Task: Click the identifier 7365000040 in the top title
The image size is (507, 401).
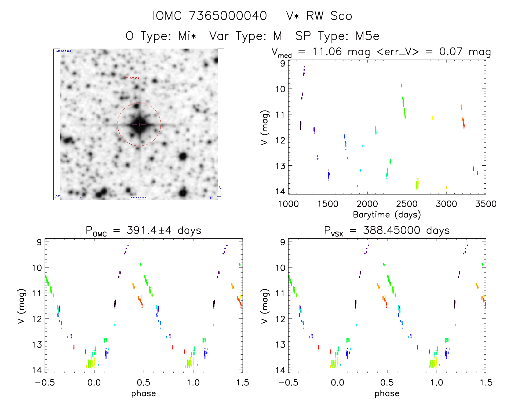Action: click(x=228, y=16)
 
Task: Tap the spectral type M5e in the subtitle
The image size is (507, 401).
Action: click(x=367, y=36)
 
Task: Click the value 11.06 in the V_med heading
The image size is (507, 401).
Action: click(x=327, y=52)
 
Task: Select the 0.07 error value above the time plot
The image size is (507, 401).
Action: click(x=451, y=52)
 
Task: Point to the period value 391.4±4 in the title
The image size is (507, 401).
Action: click(x=149, y=230)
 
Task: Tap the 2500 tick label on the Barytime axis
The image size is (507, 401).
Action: click(x=407, y=204)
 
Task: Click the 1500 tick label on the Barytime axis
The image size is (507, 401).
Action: click(x=328, y=204)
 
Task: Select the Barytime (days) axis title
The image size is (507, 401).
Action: click(x=387, y=215)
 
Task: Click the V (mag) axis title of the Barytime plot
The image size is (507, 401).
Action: click(x=264, y=127)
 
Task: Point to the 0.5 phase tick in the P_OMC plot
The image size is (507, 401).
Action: click(x=144, y=382)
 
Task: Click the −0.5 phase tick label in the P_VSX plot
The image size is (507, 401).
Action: click(x=288, y=382)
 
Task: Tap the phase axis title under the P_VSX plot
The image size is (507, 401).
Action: click(x=387, y=393)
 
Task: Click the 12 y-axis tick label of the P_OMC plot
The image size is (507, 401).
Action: click(x=37, y=319)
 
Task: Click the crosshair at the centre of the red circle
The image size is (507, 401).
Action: click(x=139, y=124)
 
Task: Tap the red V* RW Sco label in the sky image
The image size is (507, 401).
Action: click(x=133, y=78)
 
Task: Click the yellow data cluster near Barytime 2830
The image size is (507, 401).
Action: click(x=433, y=118)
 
